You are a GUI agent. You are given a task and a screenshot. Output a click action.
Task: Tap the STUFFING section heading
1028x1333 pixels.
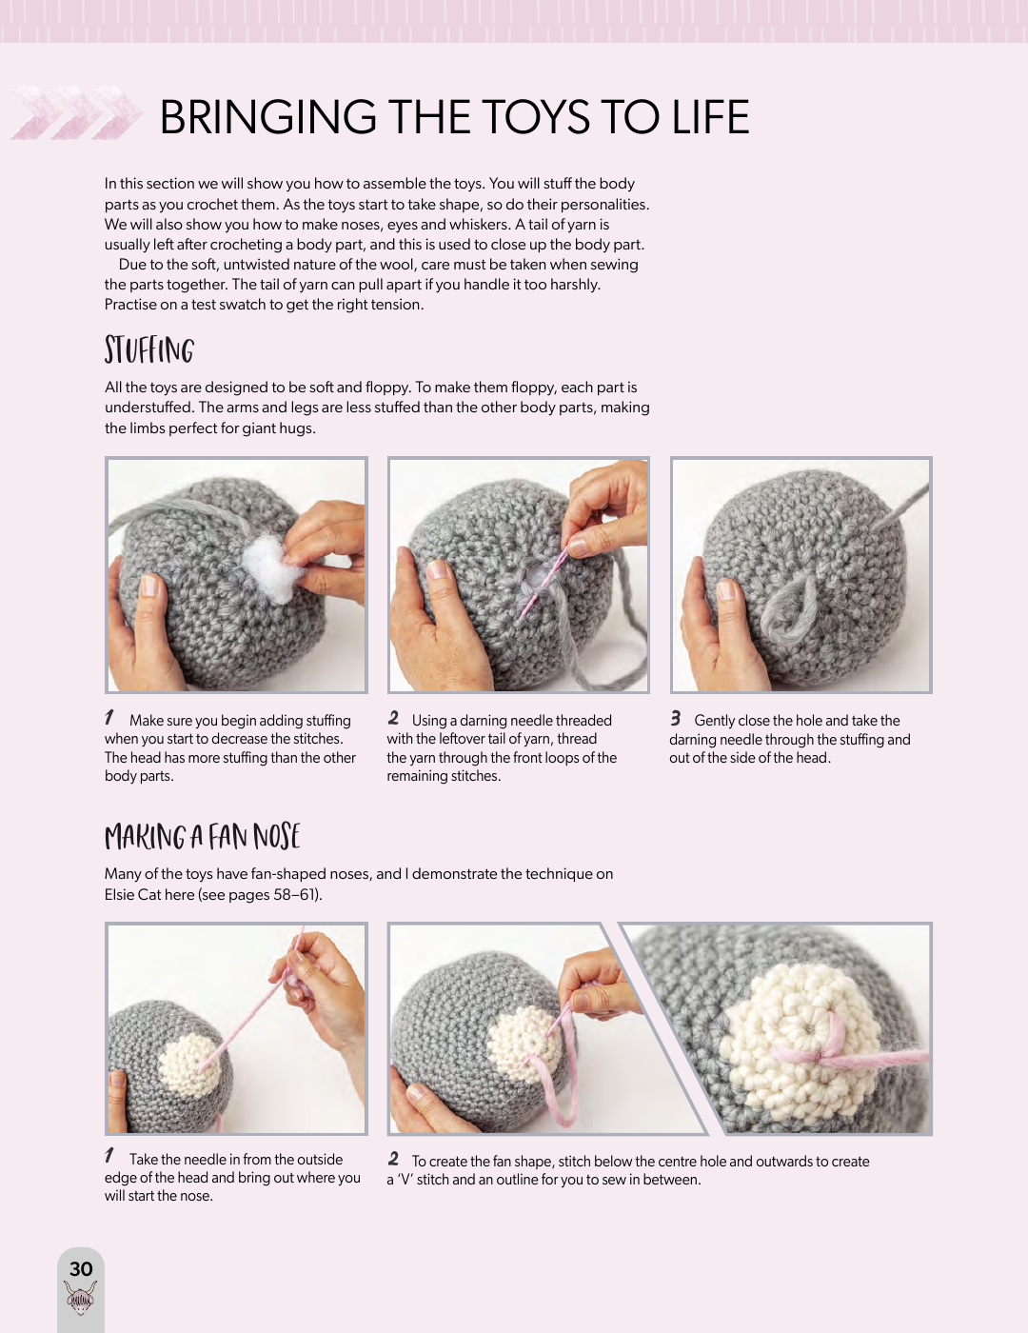[148, 350]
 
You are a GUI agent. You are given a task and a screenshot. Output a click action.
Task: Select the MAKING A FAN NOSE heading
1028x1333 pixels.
[202, 836]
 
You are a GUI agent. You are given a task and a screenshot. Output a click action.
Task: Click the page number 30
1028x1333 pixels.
[81, 1268]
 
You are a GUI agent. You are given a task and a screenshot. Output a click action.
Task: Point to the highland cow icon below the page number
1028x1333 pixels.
[81, 1297]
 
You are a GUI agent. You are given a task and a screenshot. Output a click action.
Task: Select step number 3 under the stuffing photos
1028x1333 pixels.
[676, 718]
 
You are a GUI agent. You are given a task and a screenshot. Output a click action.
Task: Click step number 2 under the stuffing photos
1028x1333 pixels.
[393, 718]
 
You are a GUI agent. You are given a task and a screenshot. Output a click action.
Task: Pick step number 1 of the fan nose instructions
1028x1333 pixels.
[109, 1156]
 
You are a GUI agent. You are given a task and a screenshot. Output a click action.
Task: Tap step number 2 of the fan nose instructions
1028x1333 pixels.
[393, 1158]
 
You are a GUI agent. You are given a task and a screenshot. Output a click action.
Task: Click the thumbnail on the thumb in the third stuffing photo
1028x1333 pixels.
[726, 588]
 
